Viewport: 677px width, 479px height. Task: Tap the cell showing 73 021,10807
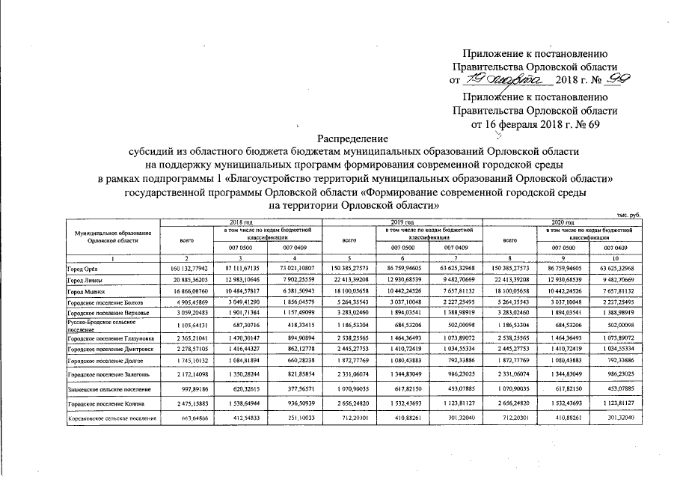(x=296, y=267)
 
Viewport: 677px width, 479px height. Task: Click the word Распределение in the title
(x=353, y=138)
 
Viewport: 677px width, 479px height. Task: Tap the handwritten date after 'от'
(x=506, y=80)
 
